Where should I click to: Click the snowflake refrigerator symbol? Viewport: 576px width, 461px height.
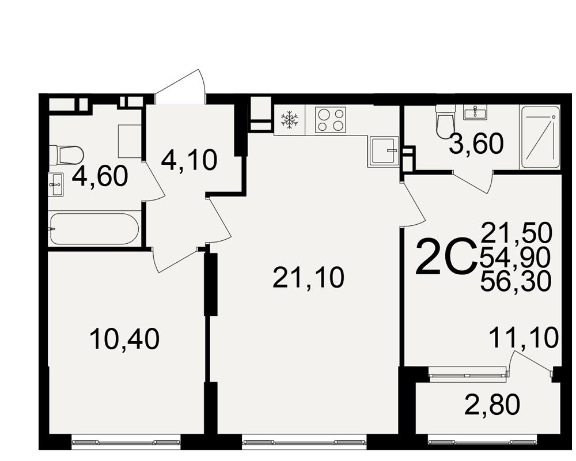click(x=290, y=120)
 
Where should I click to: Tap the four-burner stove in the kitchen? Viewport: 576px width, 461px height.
click(x=331, y=120)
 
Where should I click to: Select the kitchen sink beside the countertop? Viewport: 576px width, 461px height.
click(x=384, y=151)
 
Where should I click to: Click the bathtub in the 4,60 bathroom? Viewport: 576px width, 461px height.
click(x=94, y=229)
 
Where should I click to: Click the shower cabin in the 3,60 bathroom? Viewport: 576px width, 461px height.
click(x=540, y=138)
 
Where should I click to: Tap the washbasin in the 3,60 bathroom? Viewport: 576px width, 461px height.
click(x=475, y=112)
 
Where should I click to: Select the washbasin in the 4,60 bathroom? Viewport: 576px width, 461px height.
click(x=56, y=184)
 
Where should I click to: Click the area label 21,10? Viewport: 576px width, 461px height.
click(x=309, y=278)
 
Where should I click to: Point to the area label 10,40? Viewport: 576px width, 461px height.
click(x=124, y=339)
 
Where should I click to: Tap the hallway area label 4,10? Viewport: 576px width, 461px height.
click(x=189, y=161)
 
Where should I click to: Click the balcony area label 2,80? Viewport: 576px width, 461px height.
click(x=492, y=404)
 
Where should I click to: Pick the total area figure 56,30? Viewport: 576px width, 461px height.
click(x=516, y=281)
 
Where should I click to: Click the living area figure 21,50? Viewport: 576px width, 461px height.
click(x=517, y=233)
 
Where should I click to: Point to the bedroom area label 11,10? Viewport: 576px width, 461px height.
click(x=524, y=338)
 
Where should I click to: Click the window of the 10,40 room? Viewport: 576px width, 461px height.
click(x=126, y=442)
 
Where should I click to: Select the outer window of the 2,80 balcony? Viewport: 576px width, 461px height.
click(x=482, y=442)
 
